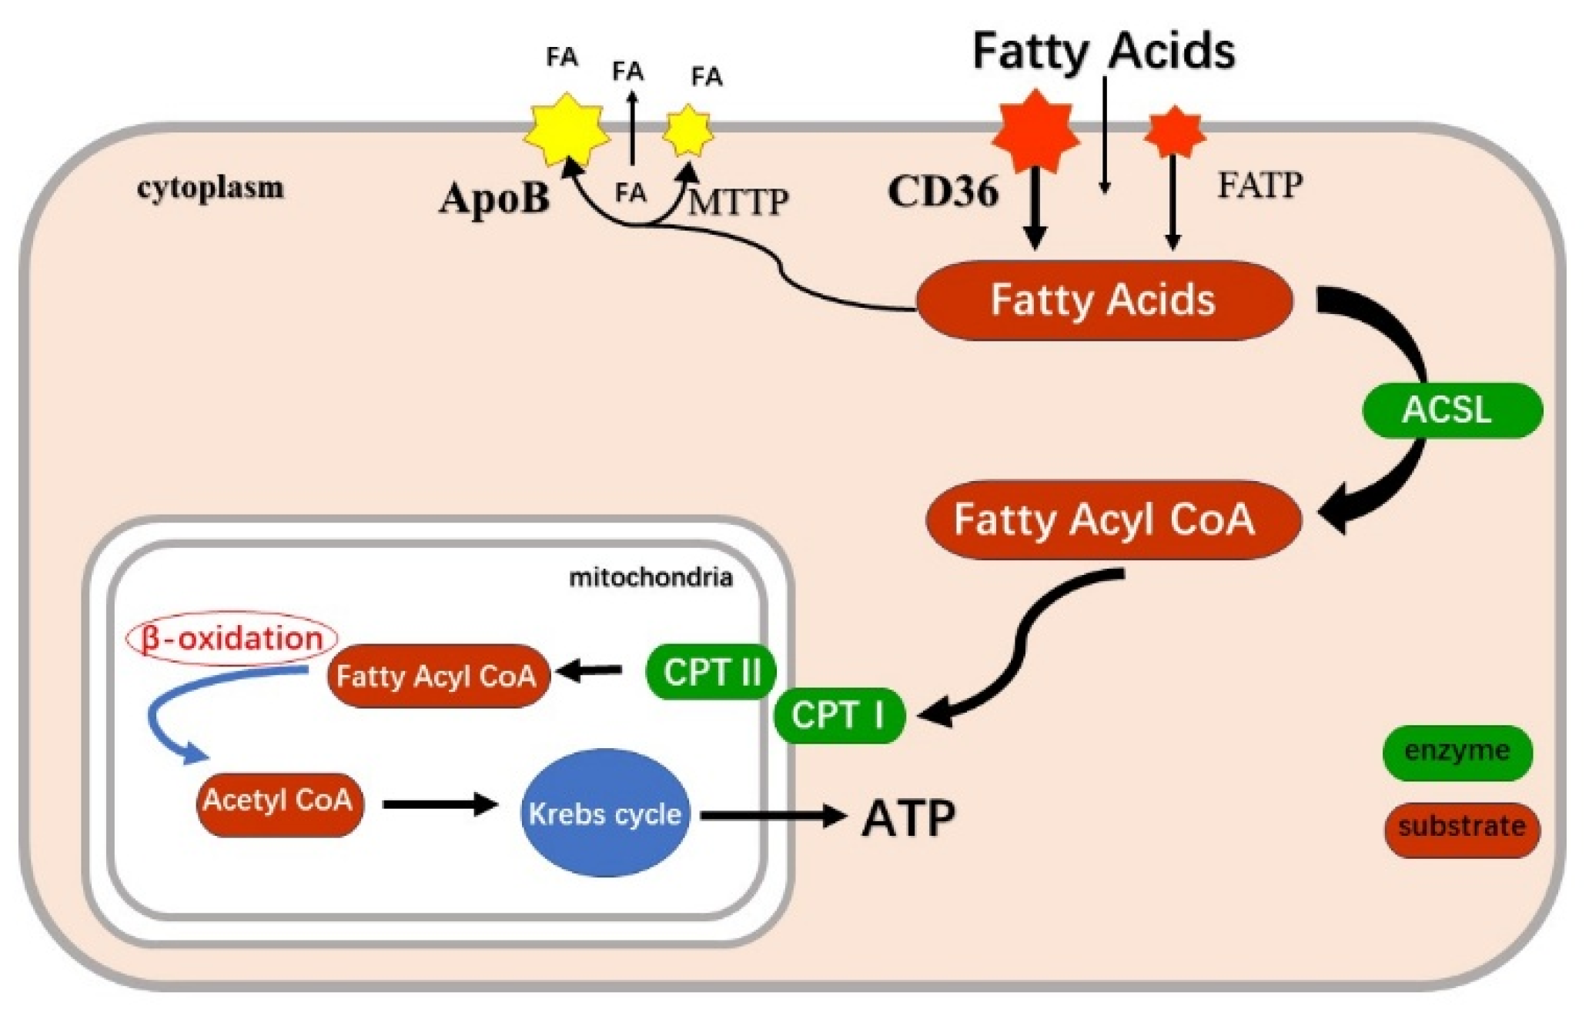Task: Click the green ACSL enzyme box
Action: pyautogui.click(x=1452, y=410)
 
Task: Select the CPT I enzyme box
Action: pyautogui.click(x=838, y=716)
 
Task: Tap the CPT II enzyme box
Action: pyautogui.click(x=711, y=672)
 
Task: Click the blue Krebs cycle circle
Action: pyautogui.click(x=606, y=813)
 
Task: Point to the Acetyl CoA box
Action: pyautogui.click(x=279, y=804)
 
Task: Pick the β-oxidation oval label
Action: pyautogui.click(x=232, y=638)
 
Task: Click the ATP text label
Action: pyautogui.click(x=908, y=818)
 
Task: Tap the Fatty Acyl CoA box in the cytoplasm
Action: pyautogui.click(x=1113, y=520)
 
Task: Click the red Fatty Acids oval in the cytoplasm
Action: pyautogui.click(x=1104, y=300)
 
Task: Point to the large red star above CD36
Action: pyautogui.click(x=1035, y=130)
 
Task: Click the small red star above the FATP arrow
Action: pyautogui.click(x=1174, y=131)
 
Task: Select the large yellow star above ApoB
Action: pyautogui.click(x=567, y=130)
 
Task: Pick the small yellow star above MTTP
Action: pyautogui.click(x=687, y=131)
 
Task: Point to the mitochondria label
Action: pyautogui.click(x=651, y=577)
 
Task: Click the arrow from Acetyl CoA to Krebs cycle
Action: pyautogui.click(x=440, y=805)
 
